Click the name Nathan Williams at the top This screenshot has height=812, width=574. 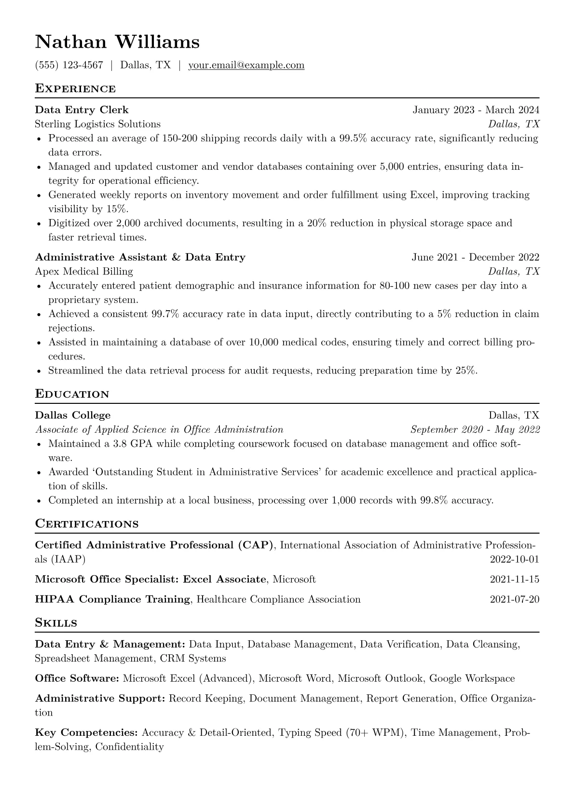[117, 42]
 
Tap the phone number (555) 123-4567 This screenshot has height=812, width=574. [69, 65]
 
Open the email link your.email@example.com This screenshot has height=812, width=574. [246, 65]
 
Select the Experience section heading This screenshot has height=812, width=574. [75, 89]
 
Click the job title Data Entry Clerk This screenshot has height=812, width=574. [82, 110]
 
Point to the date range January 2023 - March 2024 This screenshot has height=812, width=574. [476, 110]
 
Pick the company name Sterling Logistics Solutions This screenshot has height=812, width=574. [98, 124]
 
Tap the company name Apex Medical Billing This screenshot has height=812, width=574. [84, 271]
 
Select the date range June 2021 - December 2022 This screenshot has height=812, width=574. [475, 257]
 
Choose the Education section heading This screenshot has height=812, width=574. [72, 394]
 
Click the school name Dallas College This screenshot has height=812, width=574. [73, 415]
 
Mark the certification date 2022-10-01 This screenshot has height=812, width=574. [514, 560]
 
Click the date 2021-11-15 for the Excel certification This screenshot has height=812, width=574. [514, 579]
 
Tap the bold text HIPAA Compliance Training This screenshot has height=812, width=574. [112, 600]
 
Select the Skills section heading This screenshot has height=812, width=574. [56, 623]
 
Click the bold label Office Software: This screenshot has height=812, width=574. [77, 679]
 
